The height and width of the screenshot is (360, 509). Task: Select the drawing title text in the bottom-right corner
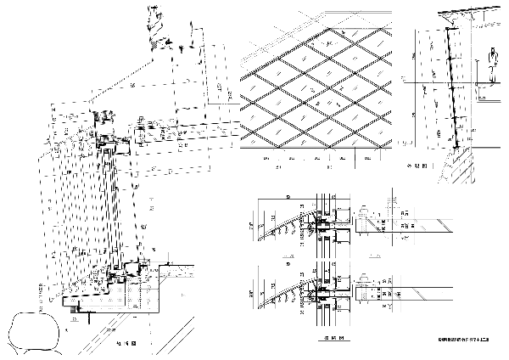[x=464, y=340]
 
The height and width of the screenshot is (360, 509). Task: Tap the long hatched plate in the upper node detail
[x=407, y=223]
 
